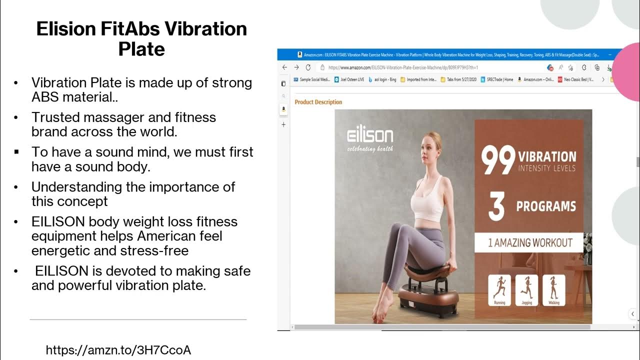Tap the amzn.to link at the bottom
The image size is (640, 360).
[x=118, y=350]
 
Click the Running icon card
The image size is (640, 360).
[x=499, y=290]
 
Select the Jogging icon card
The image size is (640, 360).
[x=526, y=290]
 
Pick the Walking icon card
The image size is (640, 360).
[x=553, y=290]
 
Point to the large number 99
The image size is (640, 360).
[x=498, y=160]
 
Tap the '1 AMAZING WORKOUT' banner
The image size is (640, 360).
[x=530, y=243]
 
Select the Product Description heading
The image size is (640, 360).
[x=318, y=102]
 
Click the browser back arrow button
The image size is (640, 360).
[x=284, y=67]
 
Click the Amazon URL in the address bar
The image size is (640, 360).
[x=403, y=67]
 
